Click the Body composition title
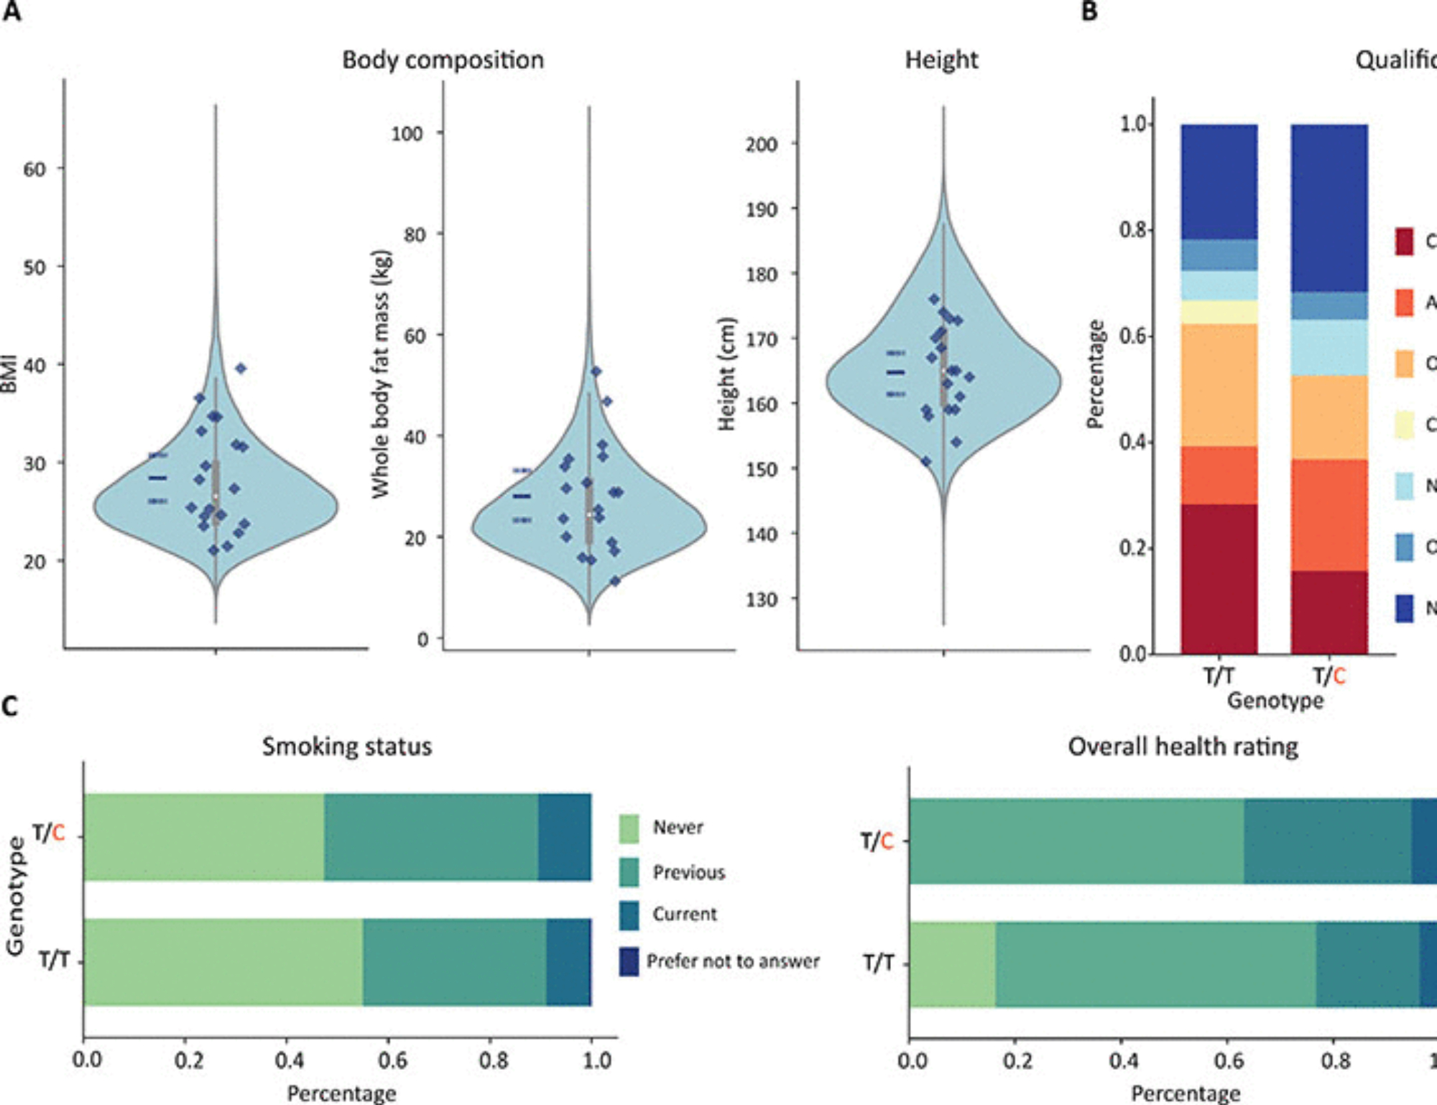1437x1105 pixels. point(443,60)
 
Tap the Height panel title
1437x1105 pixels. point(941,60)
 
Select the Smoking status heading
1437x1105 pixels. point(346,746)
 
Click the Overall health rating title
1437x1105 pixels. point(1183,746)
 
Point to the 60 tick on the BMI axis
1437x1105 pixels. point(34,170)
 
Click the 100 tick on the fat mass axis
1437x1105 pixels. point(407,134)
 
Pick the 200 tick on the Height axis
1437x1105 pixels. point(761,144)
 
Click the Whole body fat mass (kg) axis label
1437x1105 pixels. point(381,374)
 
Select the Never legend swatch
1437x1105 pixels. point(629,828)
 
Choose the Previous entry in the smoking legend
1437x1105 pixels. point(688,872)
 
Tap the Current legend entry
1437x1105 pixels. point(684,914)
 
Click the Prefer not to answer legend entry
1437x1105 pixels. point(732,961)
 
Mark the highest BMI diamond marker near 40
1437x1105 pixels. point(241,369)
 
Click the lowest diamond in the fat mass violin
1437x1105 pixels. point(614,581)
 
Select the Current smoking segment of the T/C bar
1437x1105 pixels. point(565,837)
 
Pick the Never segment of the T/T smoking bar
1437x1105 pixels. point(223,962)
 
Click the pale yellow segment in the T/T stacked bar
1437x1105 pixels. point(1219,312)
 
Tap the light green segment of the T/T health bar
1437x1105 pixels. point(952,965)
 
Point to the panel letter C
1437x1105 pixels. point(10,706)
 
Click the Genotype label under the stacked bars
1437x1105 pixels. point(1275,701)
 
